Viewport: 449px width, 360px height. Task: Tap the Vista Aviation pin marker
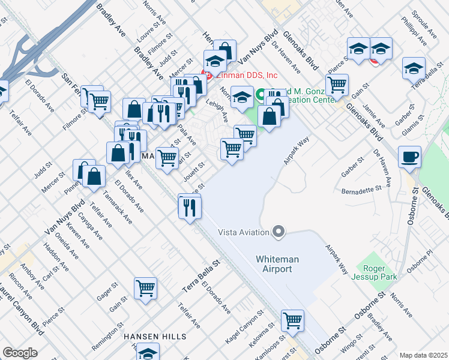coord(278,232)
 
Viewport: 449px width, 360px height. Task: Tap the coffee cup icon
coord(409,157)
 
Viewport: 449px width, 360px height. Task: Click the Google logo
coord(20,353)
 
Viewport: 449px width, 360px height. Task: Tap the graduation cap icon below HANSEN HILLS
coord(148,352)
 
